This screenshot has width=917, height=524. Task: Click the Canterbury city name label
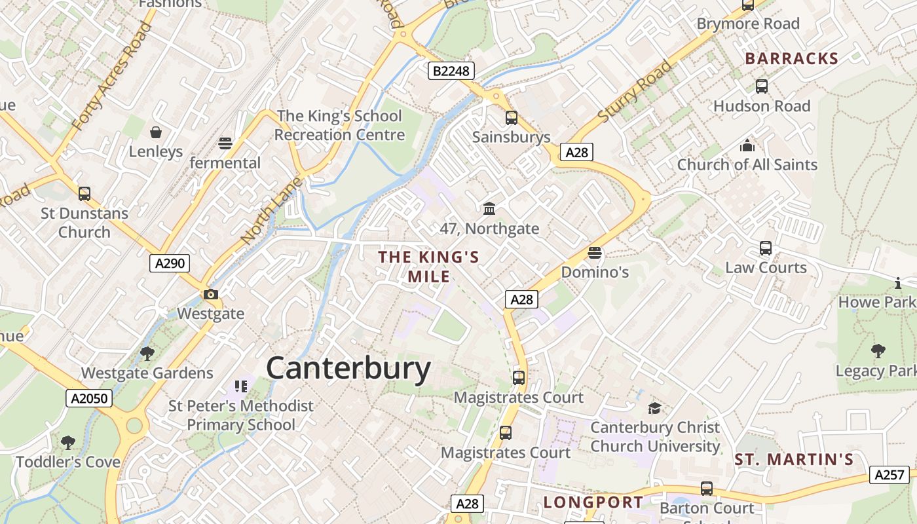pos(348,368)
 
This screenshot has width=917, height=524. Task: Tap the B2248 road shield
pos(451,71)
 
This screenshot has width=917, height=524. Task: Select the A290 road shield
pos(170,263)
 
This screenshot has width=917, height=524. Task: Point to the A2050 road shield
pos(89,398)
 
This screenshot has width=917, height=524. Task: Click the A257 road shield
pos(889,475)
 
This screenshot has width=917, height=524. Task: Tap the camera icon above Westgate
pos(211,295)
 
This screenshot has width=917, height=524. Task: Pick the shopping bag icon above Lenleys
pos(156,133)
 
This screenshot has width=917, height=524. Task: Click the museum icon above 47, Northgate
pos(489,209)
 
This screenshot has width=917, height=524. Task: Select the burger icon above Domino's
pos(595,252)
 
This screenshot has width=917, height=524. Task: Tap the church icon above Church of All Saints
pos(747,145)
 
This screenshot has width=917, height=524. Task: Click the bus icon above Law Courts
pos(766,248)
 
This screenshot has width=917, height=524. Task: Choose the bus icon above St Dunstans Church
pos(84,194)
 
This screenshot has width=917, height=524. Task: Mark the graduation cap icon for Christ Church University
pos(654,408)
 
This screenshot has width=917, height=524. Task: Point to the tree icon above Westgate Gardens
pos(147,354)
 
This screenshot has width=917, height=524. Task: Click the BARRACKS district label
pos(792,59)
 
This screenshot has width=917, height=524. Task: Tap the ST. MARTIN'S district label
pos(794,460)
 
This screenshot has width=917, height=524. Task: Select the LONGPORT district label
pos(593,502)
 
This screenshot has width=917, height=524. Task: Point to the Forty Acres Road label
pos(111,75)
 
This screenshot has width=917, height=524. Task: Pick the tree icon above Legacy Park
pos(878,351)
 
